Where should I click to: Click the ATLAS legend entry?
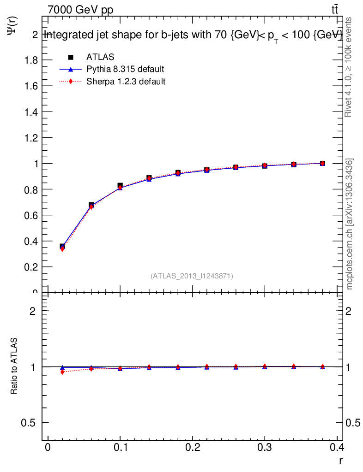click(100, 57)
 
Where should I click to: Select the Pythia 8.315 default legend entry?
click(125, 69)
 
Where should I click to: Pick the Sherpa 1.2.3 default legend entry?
click(126, 82)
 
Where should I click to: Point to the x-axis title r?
click(340, 460)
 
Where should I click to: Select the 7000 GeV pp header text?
click(80, 10)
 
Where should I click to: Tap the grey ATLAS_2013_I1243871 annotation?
click(192, 276)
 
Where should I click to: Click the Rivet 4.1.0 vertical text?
click(349, 67)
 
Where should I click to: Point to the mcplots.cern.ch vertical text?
click(350, 224)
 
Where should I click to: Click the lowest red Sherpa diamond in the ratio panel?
click(62, 372)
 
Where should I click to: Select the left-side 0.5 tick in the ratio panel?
click(30, 423)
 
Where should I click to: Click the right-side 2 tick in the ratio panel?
click(352, 311)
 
